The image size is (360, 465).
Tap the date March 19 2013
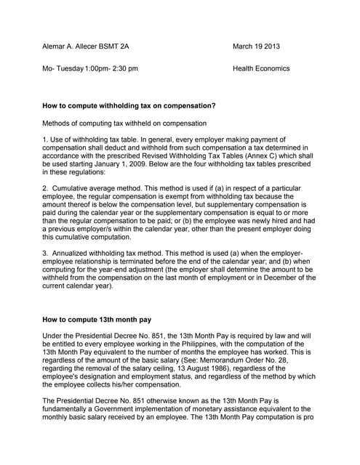[256, 46]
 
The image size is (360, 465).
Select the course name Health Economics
[261, 68]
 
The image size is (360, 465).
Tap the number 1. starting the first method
[46, 139]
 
